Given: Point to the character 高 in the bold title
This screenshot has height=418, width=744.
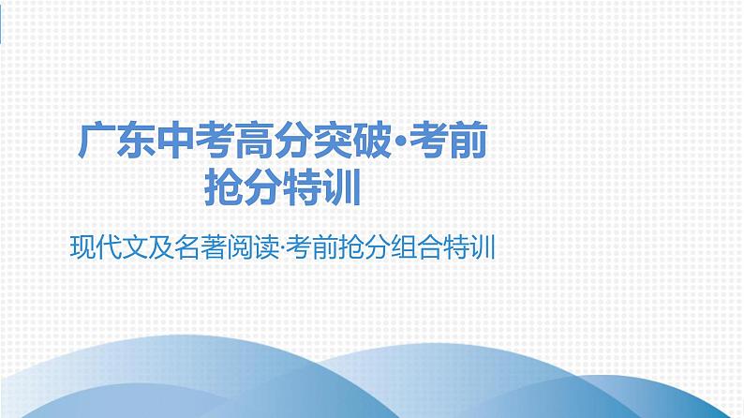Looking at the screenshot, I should pyautogui.click(x=256, y=144).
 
